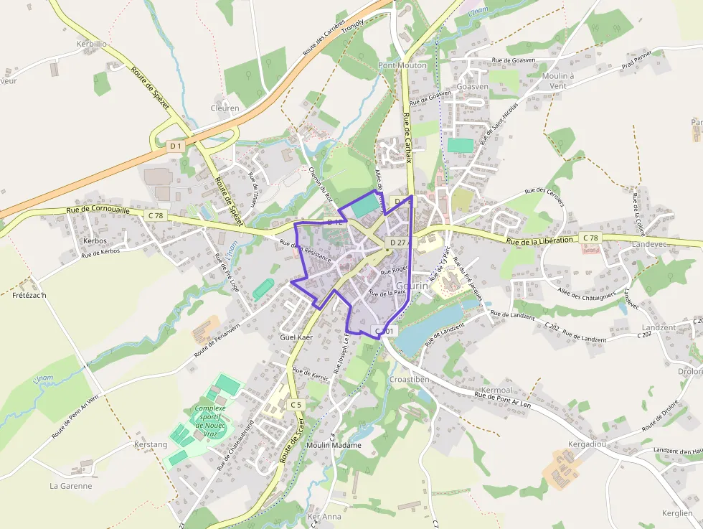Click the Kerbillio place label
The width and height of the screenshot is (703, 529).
coord(91,44)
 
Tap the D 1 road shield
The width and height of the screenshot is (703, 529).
coord(176,146)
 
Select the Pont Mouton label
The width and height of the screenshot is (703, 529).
coord(402,65)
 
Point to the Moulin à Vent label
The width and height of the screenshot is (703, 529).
coord(558,80)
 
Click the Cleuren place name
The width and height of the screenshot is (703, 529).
coord(225,108)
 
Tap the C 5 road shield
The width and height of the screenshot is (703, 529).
coord(296,406)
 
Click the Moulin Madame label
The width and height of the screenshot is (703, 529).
coord(334,445)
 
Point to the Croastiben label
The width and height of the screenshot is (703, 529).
coord(409,379)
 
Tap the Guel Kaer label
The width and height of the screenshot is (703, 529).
coord(297,336)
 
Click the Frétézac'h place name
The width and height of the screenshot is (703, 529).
coord(29,296)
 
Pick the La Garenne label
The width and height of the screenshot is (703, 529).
coord(70,486)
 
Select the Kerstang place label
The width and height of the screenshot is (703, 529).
coord(151,444)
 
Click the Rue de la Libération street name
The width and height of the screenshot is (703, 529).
coord(539,241)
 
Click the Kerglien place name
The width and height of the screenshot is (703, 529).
coord(677,514)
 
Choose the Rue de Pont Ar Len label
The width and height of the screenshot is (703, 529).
coord(503,399)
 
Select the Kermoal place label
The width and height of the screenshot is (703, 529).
coord(496,390)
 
